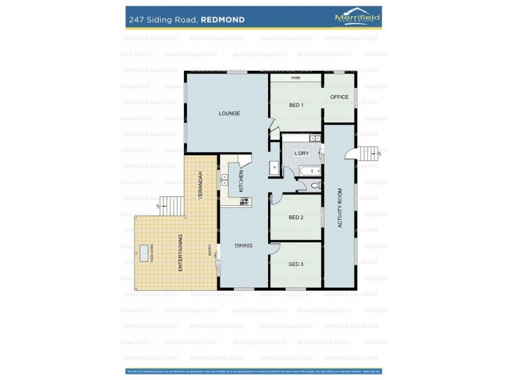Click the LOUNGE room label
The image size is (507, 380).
pyautogui.click(x=229, y=113)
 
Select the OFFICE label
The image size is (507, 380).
pyautogui.click(x=340, y=97)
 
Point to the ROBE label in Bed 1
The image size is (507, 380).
pyautogui.click(x=296, y=78)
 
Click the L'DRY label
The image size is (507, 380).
pyautogui.click(x=302, y=153)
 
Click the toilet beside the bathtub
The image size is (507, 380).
pyautogui.click(x=315, y=186)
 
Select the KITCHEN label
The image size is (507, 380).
pyautogui.click(x=241, y=181)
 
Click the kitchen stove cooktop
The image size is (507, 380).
pyautogui.click(x=244, y=201)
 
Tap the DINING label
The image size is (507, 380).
pyautogui.click(x=243, y=246)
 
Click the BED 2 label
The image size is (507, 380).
pyautogui.click(x=296, y=217)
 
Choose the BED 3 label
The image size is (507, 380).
pyautogui.click(x=296, y=264)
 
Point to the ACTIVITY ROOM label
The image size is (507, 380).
pyautogui.click(x=340, y=208)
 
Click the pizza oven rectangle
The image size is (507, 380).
pyautogui.click(x=145, y=253)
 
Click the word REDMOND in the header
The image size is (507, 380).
pyautogui.click(x=223, y=20)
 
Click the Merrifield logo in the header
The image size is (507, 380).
pyautogui.click(x=357, y=18)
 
